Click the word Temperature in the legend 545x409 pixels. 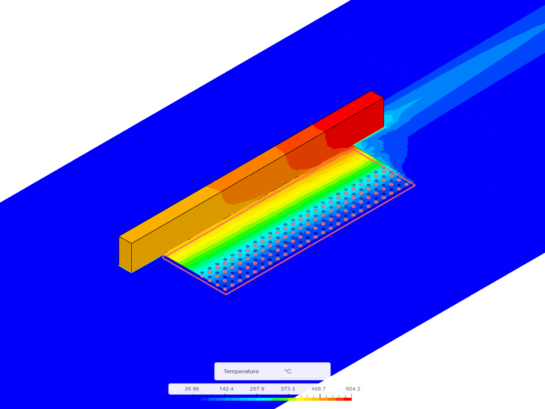(x=241, y=371)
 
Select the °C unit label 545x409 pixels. (x=288, y=371)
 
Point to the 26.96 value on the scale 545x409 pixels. (x=192, y=389)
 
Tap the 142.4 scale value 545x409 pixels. (x=226, y=389)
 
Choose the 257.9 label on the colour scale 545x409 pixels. (x=257, y=389)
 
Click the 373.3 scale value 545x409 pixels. (x=288, y=389)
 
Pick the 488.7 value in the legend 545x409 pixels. (x=318, y=389)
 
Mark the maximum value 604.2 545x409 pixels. (x=353, y=389)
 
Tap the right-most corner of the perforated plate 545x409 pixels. (x=414, y=185)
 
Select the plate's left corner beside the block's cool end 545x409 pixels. (x=163, y=256)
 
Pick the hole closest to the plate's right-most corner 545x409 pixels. (x=406, y=184)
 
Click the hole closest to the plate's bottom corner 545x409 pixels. (x=225, y=289)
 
